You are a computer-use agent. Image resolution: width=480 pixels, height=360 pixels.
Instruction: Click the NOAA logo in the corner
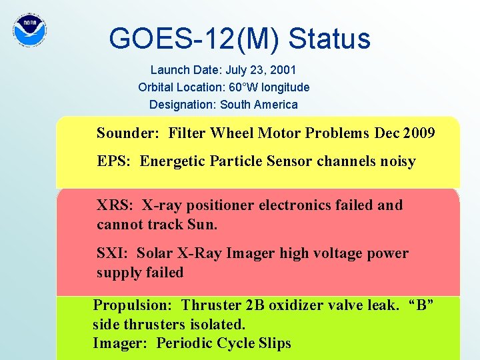tap(30, 29)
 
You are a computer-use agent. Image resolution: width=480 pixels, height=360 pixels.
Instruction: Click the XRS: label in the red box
tap(116, 205)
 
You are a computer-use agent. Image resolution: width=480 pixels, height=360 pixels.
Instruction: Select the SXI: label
tap(113, 253)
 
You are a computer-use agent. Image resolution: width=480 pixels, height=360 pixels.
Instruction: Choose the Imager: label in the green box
tap(121, 343)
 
